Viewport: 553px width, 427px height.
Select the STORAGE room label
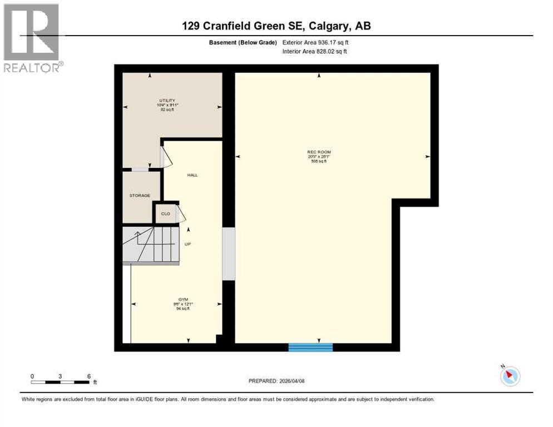click(x=140, y=196)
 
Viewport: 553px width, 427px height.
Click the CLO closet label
click(x=165, y=213)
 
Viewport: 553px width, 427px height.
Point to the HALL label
click(x=192, y=175)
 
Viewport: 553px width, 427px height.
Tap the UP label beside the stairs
click(x=188, y=244)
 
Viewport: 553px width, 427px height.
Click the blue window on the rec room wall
click(x=310, y=347)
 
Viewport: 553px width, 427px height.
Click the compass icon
click(x=510, y=376)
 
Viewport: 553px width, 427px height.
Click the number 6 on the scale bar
click(x=89, y=376)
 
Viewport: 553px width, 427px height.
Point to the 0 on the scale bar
click(x=32, y=376)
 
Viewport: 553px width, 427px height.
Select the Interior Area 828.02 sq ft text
click(x=315, y=52)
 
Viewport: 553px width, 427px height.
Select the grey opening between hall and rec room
click(x=228, y=253)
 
